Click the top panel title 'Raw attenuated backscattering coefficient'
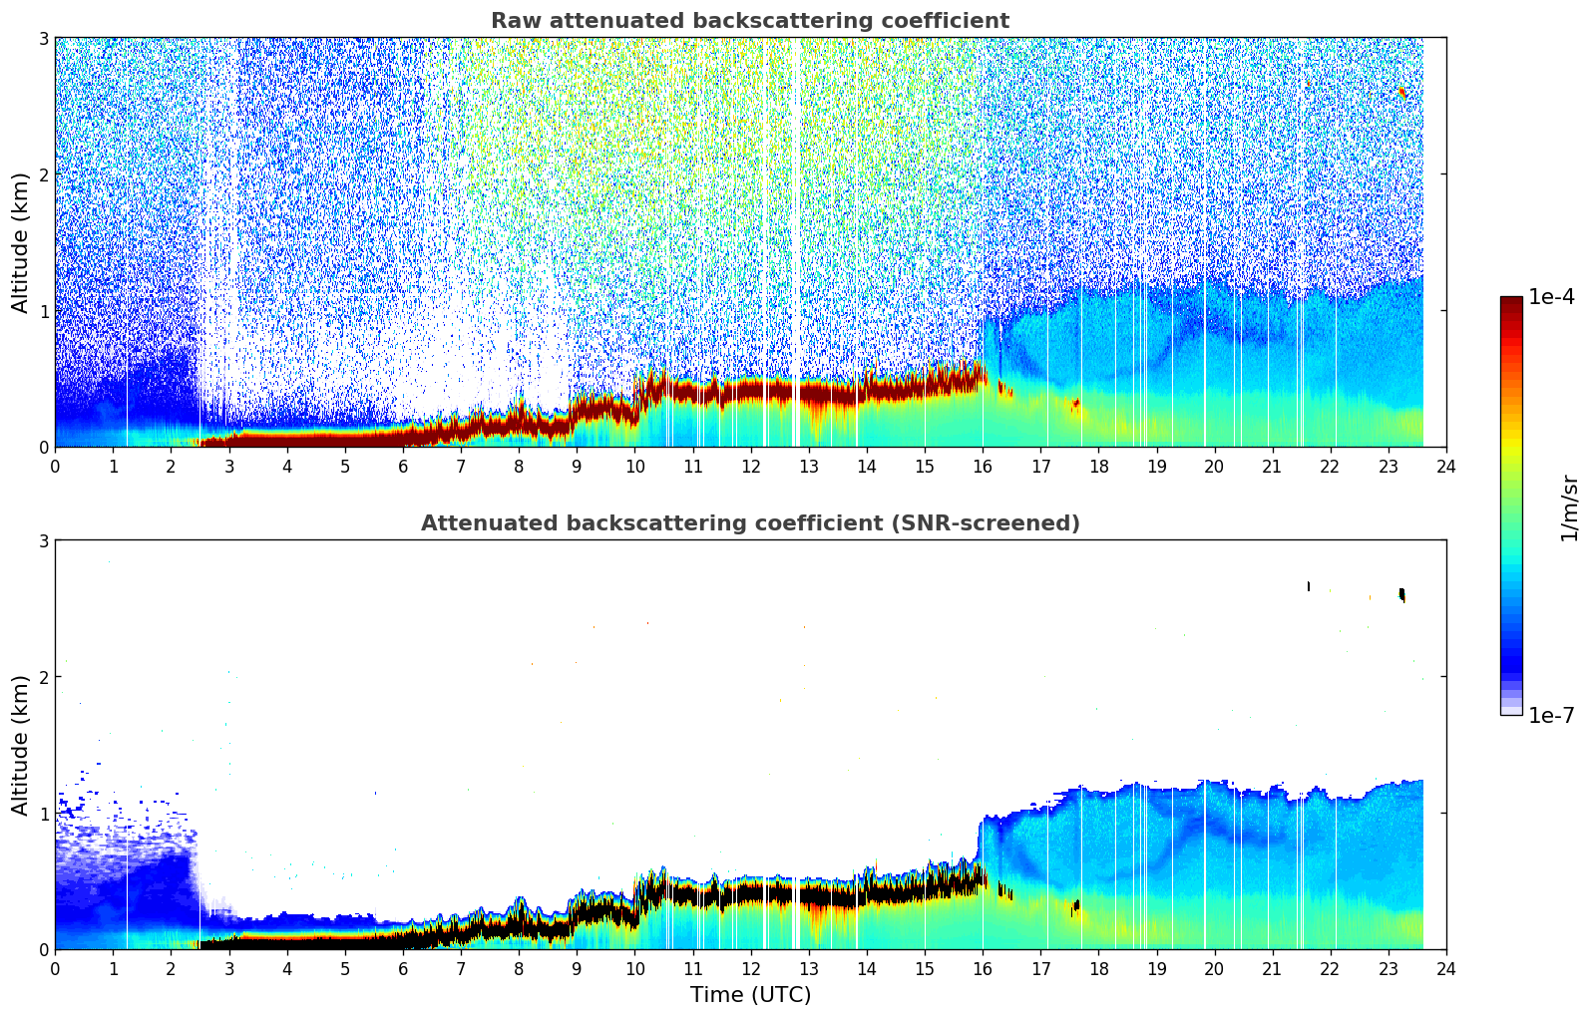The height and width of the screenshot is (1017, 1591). tap(749, 21)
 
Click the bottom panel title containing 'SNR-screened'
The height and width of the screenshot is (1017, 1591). tap(749, 523)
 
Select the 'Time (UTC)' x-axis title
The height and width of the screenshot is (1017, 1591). tap(750, 994)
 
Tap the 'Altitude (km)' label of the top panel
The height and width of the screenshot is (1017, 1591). tap(21, 242)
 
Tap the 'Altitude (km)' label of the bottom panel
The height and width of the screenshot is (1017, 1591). tap(21, 745)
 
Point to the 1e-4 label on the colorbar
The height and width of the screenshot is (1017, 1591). tap(1551, 297)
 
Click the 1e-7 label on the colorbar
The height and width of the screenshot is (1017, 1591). tap(1551, 715)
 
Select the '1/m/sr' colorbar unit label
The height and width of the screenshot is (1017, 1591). tap(1569, 507)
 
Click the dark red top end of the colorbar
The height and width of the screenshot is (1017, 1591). tap(1511, 302)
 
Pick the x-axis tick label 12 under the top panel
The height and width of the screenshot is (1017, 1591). tap(751, 466)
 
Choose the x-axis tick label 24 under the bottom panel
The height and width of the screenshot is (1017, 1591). tap(1446, 968)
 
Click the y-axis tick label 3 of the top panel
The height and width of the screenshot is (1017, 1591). tap(44, 39)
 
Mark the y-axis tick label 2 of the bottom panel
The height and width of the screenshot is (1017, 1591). tap(44, 677)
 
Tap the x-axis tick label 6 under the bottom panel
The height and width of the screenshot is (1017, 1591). tap(403, 968)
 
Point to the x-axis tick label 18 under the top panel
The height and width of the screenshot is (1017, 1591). tap(1098, 466)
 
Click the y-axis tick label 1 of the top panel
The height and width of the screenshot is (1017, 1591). tap(44, 311)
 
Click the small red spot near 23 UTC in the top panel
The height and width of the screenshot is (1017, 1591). tap(1402, 93)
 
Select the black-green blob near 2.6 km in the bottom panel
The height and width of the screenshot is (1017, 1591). tap(1402, 595)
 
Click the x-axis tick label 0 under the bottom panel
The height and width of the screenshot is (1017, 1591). tap(55, 968)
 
